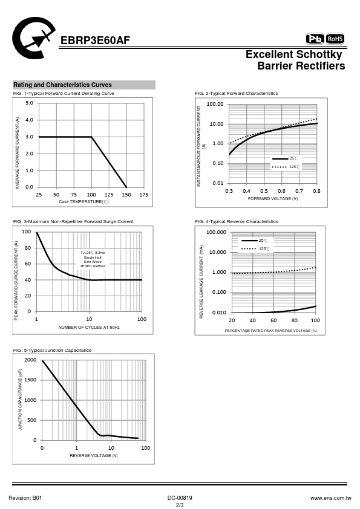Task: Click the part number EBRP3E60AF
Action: pos(95,41)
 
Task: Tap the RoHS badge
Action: pos(335,39)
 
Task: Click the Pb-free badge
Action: pos(315,39)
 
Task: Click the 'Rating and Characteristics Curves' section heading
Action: pos(62,85)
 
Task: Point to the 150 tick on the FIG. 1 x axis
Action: pos(126,195)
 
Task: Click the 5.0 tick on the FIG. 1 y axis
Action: pos(29,103)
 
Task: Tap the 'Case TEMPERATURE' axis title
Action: pos(84,201)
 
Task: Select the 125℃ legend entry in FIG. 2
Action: pos(286,167)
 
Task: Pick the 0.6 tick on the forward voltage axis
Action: pos(282,191)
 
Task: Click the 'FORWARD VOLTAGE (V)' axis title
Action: pos(273,199)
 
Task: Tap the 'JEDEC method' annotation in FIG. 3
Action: pos(93,266)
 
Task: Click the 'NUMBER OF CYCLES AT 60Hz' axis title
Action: pos(89,328)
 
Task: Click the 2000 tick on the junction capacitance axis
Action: pos(30,360)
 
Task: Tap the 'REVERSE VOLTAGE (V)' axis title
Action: pos(94,456)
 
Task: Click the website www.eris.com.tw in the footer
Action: pos(331,498)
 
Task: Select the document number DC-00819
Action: pos(180,498)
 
